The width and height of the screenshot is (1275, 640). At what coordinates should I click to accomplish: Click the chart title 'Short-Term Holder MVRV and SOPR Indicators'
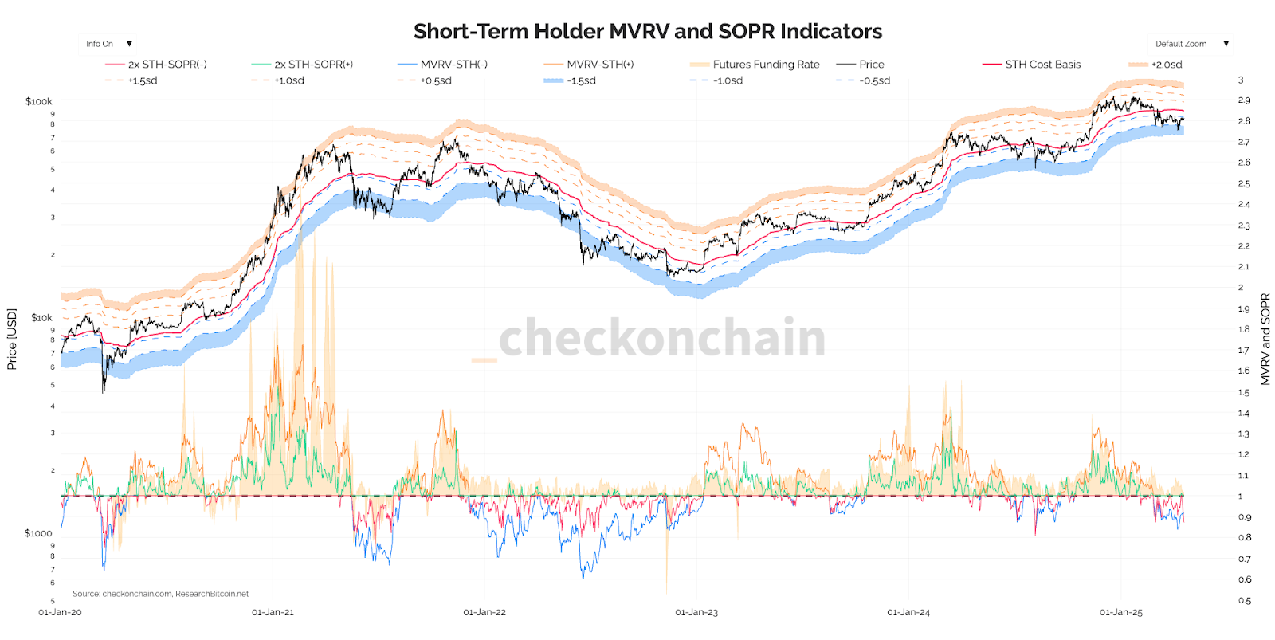647,31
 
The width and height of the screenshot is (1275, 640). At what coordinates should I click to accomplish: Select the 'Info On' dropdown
108,44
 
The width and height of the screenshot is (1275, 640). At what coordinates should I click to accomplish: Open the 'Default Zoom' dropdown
1191,44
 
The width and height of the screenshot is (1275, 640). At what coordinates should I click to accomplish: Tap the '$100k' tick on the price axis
39,102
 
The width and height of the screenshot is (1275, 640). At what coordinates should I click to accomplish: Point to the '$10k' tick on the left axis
41,318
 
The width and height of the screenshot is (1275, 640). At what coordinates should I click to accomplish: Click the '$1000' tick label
38,533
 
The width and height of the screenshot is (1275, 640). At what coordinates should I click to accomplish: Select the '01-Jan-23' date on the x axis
696,613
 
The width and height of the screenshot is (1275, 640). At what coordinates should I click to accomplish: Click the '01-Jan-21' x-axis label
273,613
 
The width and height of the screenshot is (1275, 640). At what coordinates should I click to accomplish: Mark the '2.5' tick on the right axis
1244,183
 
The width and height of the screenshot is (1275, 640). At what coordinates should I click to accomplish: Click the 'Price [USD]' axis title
12,340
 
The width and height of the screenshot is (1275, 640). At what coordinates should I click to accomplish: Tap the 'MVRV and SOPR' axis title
1265,340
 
